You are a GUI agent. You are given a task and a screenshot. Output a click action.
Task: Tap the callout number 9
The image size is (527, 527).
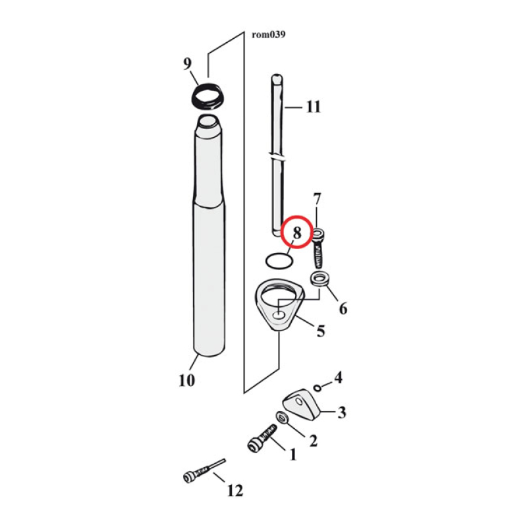point(187,64)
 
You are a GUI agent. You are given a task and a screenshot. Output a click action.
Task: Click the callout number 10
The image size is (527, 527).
point(186,380)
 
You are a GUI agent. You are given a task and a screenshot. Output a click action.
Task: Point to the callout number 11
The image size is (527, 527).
point(313,107)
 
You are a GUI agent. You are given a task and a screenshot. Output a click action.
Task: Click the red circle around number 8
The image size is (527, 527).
point(296,232)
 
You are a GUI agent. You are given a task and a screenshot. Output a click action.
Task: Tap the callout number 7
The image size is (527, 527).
point(317,198)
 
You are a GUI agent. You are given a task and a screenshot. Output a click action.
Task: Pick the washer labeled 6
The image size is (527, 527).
point(320,279)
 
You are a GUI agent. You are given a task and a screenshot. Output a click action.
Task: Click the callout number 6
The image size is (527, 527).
point(343,307)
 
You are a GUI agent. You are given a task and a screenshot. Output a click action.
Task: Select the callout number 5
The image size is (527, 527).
point(320,330)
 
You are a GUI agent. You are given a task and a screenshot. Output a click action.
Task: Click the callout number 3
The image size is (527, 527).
point(341,413)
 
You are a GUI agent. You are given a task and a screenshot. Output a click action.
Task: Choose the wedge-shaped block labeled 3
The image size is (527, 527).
point(302,404)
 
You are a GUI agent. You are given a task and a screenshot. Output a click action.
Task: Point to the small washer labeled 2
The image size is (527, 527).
point(282,417)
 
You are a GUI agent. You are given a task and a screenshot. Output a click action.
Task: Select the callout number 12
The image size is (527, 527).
point(235,490)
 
